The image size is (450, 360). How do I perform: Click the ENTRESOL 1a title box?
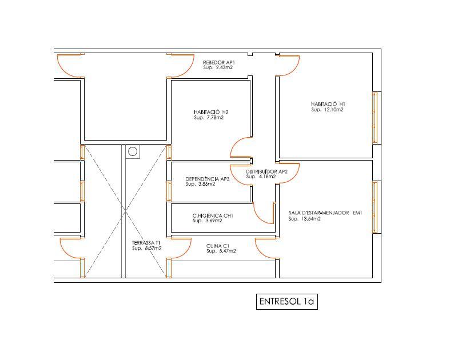click(x=286, y=302)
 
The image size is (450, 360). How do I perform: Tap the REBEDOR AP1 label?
click(x=219, y=62)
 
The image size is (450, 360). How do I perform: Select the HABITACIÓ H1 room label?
click(x=328, y=104)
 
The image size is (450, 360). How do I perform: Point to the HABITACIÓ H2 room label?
click(x=211, y=112)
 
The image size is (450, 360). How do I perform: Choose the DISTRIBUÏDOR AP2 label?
click(x=266, y=171)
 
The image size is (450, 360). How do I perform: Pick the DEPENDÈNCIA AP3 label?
click(x=207, y=179)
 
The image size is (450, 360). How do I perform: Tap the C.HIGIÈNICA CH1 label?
click(x=213, y=215)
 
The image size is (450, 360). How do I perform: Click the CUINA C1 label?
click(x=218, y=246)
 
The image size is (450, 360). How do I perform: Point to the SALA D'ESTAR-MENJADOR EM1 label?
click(x=325, y=213)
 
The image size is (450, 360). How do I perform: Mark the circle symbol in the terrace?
click(x=133, y=151)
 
